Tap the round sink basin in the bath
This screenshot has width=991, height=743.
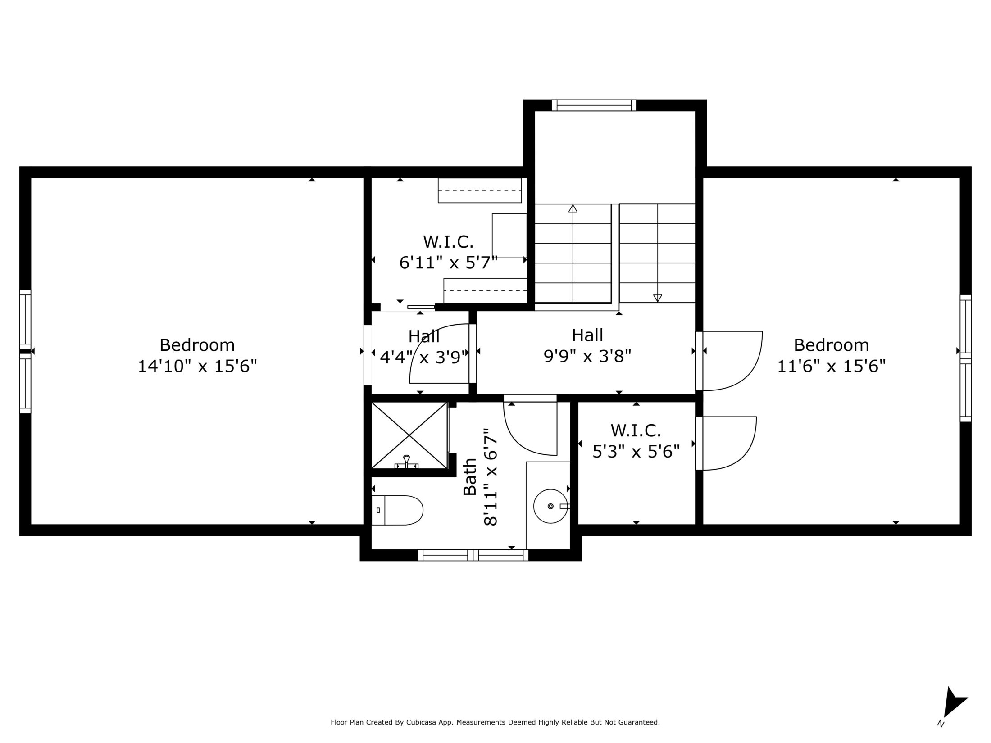(550, 506)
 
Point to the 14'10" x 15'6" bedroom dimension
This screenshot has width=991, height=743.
(197, 366)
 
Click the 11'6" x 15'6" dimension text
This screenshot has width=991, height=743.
(832, 366)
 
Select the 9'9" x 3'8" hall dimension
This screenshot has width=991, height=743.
(587, 356)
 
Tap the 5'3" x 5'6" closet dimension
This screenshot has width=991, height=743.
(636, 451)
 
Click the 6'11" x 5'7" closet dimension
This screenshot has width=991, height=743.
(449, 262)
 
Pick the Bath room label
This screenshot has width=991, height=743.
(470, 477)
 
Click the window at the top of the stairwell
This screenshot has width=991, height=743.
(594, 105)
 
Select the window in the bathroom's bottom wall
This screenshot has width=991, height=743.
(473, 555)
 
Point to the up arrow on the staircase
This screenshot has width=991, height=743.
(573, 254)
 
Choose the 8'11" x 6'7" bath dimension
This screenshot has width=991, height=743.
(490, 477)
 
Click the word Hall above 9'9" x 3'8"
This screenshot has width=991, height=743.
(587, 335)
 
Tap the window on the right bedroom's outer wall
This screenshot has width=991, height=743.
(965, 358)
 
